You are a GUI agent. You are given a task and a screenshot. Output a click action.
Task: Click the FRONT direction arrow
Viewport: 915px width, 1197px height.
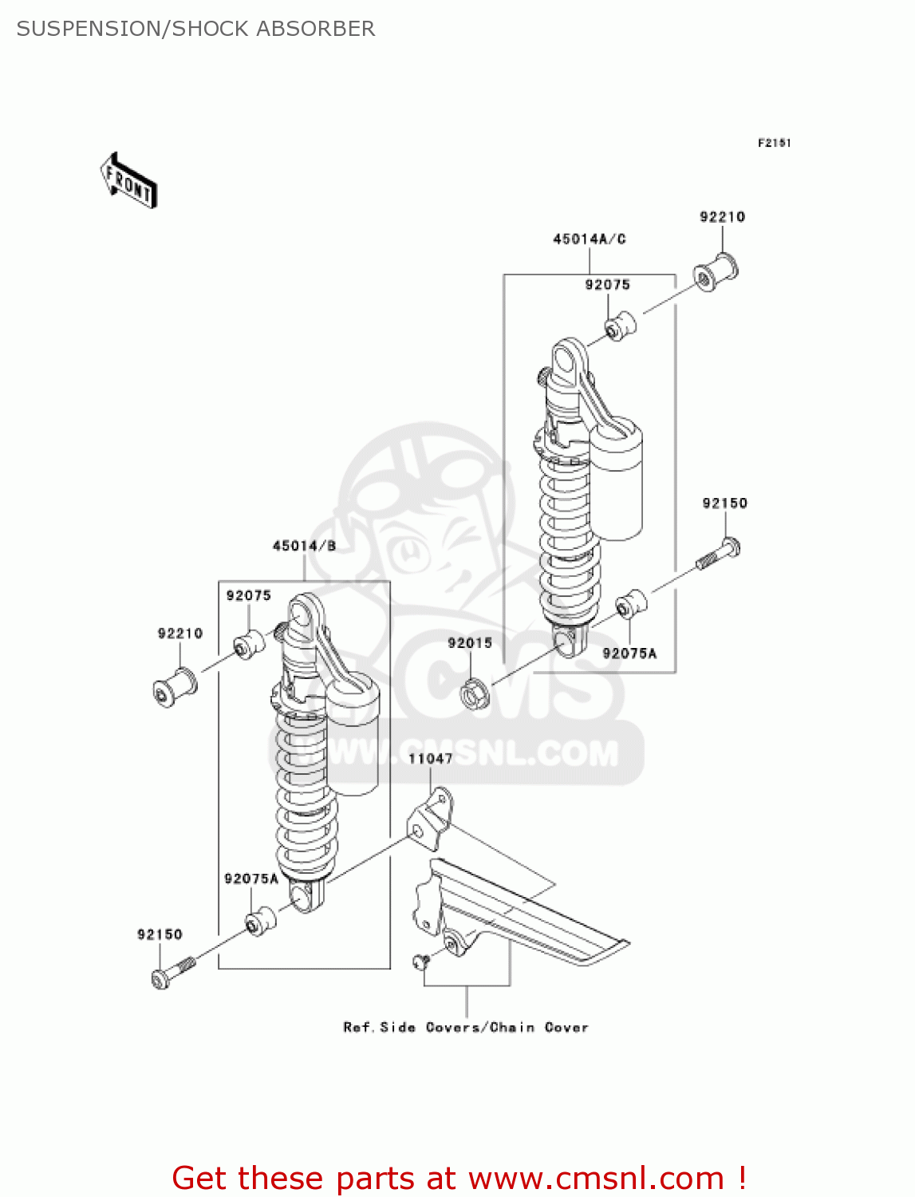pyautogui.click(x=128, y=181)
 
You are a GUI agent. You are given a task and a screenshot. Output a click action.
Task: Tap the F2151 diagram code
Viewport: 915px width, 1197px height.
pyautogui.click(x=774, y=143)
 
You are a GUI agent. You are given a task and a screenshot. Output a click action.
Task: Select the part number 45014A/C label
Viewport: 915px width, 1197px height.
pyautogui.click(x=589, y=239)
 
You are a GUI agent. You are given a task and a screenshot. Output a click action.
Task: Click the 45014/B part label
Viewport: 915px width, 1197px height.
pyautogui.click(x=304, y=546)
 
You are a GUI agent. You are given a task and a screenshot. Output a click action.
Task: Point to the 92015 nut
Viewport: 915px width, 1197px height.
pyautogui.click(x=474, y=693)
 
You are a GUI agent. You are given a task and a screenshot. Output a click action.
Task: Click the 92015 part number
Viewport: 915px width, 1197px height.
pyautogui.click(x=469, y=643)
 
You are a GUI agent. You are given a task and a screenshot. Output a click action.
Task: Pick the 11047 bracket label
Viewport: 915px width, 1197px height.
pyautogui.click(x=430, y=759)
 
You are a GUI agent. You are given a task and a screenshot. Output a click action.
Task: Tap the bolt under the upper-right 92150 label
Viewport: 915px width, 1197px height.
pyautogui.click(x=720, y=555)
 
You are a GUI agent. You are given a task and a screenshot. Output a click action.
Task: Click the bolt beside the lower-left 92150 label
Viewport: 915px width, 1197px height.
pyautogui.click(x=171, y=972)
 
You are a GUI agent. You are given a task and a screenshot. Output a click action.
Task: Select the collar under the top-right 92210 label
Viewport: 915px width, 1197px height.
pyautogui.click(x=716, y=271)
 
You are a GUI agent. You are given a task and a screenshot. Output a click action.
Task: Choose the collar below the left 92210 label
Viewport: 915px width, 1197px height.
pyautogui.click(x=175, y=686)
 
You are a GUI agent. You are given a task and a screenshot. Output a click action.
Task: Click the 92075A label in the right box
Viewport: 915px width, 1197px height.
pyautogui.click(x=629, y=654)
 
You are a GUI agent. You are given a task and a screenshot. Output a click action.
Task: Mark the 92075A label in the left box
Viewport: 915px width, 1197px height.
pyautogui.click(x=251, y=879)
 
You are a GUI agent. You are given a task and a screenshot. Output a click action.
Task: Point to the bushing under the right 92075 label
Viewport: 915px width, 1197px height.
pyautogui.click(x=619, y=326)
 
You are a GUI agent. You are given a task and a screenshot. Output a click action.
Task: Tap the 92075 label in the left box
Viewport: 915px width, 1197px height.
pyautogui.click(x=248, y=595)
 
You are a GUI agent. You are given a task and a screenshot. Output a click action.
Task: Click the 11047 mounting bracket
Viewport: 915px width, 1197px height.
pyautogui.click(x=431, y=818)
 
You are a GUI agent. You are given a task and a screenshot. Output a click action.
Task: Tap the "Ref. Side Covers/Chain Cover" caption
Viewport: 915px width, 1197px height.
pyautogui.click(x=466, y=1027)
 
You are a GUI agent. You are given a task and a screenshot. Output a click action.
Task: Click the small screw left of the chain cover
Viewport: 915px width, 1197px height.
pyautogui.click(x=420, y=961)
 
